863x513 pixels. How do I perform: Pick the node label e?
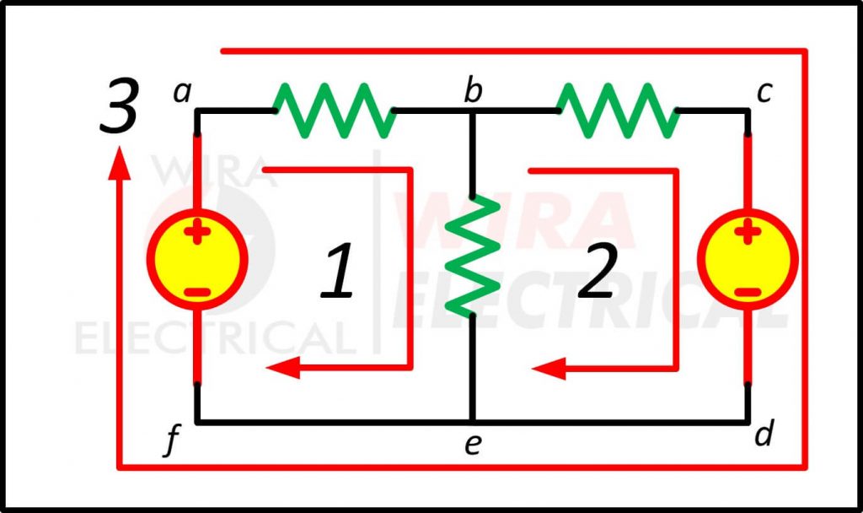pos(473,444)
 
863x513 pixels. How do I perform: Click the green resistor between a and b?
pos(334,110)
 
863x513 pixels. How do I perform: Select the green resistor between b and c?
pos(618,110)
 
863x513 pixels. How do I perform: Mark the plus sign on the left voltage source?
pos(197,232)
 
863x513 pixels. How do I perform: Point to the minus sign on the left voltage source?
pos(197,292)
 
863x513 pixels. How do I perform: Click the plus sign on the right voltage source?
pos(747,232)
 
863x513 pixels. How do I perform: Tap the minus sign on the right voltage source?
pos(747,292)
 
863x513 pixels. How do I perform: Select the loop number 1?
pos(338,272)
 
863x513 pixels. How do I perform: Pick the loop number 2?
pos(598,272)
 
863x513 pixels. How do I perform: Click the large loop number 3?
pos(118,108)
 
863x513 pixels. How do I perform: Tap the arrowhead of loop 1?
pos(281,368)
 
